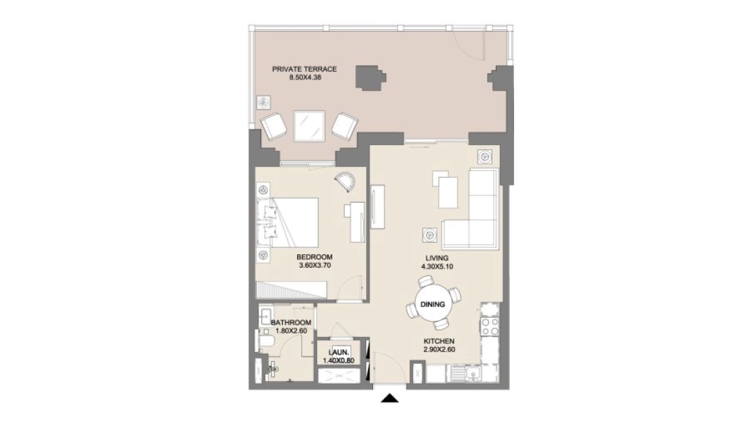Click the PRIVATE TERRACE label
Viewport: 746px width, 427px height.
click(305, 69)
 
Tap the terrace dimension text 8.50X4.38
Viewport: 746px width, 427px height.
click(305, 77)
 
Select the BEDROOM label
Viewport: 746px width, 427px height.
click(315, 258)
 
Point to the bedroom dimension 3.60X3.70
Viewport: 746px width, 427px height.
click(315, 265)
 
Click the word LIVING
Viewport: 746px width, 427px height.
click(437, 258)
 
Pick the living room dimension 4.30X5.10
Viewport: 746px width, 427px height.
click(437, 267)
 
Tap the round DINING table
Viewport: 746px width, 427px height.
click(433, 304)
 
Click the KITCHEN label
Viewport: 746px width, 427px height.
click(439, 341)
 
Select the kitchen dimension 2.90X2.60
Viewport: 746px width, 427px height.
click(439, 350)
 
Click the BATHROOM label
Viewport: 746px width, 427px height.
click(291, 323)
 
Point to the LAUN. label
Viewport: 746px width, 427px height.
click(339, 352)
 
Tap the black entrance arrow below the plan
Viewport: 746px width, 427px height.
click(390, 399)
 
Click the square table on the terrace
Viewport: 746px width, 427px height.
click(309, 126)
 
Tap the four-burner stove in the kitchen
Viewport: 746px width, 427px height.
click(490, 326)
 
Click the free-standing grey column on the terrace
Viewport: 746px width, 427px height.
click(370, 77)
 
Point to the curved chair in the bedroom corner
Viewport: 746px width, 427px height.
click(345, 181)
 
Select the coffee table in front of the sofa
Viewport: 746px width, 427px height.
click(448, 192)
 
